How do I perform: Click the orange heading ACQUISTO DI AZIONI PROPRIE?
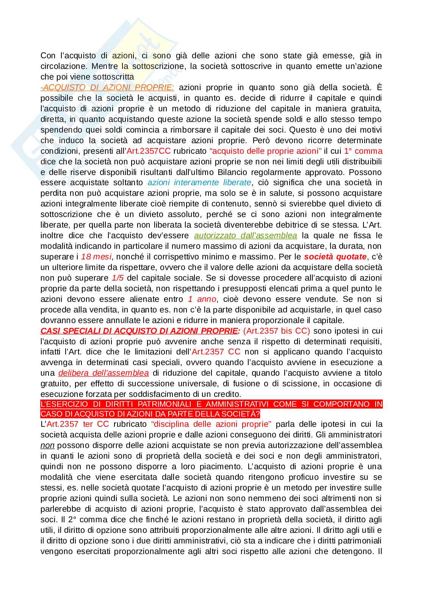point(108,87)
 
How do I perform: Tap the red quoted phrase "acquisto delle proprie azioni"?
point(265,151)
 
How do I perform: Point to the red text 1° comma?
point(363,151)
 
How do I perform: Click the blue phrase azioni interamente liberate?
point(199,183)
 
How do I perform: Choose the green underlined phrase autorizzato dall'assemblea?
point(245,236)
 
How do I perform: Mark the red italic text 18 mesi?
point(96,257)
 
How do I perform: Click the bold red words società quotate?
point(335,257)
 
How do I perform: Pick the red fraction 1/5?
point(118,278)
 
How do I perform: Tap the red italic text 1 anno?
point(202,299)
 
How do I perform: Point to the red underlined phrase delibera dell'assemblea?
point(103,373)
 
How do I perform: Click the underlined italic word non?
point(47,445)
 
